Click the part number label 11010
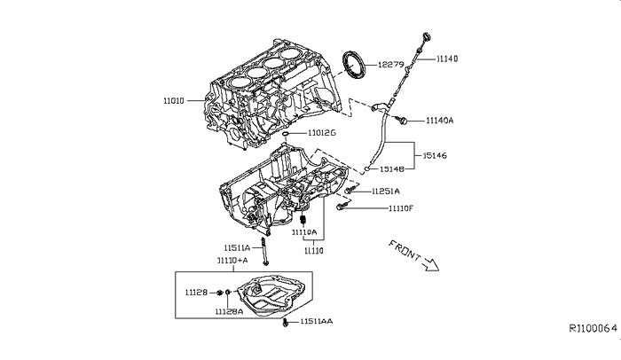point(174,100)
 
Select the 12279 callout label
point(390,65)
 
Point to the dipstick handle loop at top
point(427,36)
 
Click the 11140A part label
point(440,121)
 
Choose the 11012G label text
point(321,133)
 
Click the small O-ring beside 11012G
point(286,134)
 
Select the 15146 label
point(435,156)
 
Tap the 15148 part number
point(392,168)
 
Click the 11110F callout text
point(400,208)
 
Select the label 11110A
point(304,232)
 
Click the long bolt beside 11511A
point(263,251)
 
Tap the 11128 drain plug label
point(196,293)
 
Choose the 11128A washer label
point(229,311)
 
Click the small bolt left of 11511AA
point(285,323)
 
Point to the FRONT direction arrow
point(430,264)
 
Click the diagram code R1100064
point(593,328)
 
